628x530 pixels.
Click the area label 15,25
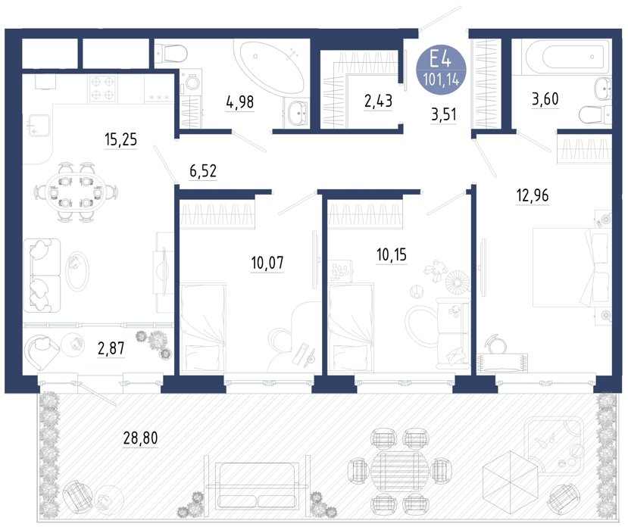tap(120, 140)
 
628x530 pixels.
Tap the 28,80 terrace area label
tap(141, 438)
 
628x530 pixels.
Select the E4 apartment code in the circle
tap(441, 60)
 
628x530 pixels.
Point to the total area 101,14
tap(441, 80)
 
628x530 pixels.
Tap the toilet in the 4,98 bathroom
tap(170, 52)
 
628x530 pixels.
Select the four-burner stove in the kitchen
tap(103, 89)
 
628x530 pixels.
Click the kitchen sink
tap(39, 125)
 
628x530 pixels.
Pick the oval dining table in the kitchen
tap(76, 192)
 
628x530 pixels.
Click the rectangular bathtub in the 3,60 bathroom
tap(561, 58)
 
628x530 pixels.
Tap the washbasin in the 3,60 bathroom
tap(602, 87)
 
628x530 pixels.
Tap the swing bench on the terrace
tap(257, 485)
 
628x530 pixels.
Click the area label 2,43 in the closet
tap(378, 101)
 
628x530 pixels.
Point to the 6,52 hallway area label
tap(203, 171)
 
